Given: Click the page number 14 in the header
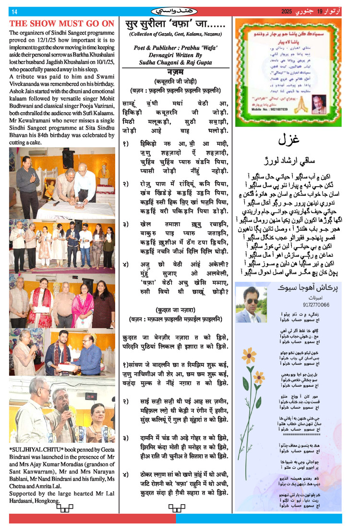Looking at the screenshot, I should pyautogui.click(x=14, y=12).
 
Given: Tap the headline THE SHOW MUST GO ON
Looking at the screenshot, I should pyautogui.click(x=62, y=24).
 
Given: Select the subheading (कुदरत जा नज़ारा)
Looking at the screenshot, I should pyautogui.click(x=176, y=309).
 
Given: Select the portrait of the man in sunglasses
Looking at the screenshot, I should pyautogui.click(x=249, y=305).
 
